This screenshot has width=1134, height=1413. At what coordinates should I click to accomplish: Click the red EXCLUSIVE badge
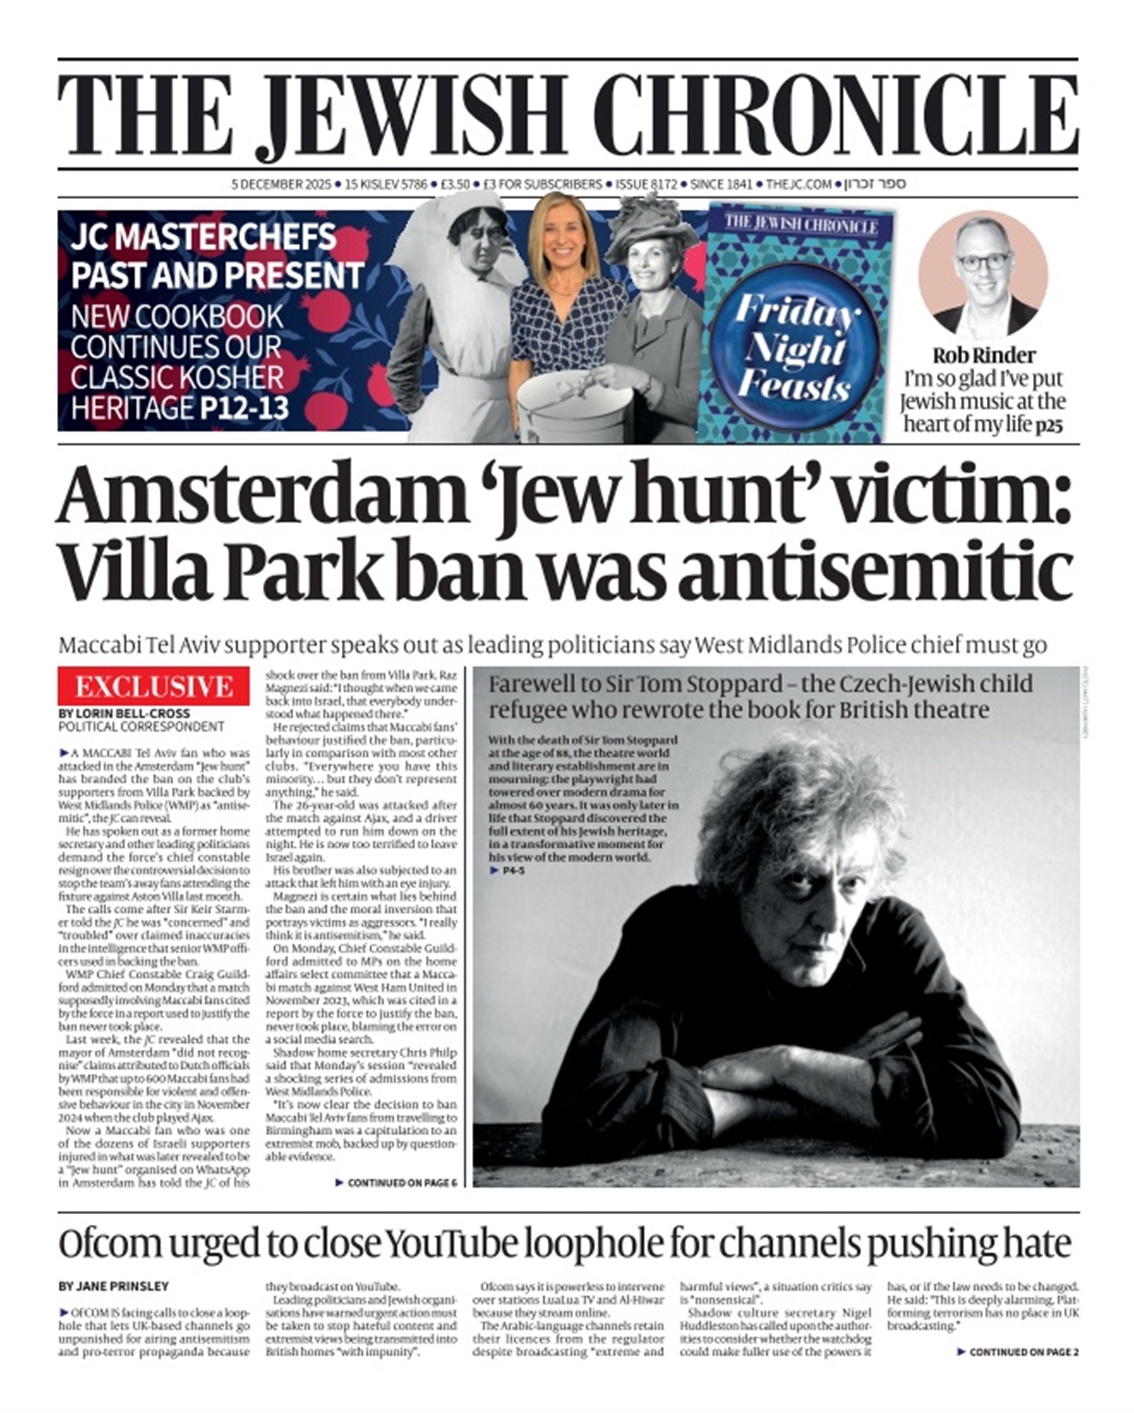(153, 686)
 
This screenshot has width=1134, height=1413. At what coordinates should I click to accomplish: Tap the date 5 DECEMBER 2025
(281, 185)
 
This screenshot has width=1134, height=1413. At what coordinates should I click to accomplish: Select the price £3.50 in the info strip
(455, 185)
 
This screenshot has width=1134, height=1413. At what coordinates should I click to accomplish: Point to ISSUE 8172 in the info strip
(646, 185)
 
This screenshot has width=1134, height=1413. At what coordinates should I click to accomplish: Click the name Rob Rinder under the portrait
(983, 356)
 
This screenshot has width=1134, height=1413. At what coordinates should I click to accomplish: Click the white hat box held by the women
(574, 404)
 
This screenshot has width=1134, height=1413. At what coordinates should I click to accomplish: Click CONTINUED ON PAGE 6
(395, 1183)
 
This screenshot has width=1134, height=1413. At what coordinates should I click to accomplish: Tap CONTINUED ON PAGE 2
(1017, 1352)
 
